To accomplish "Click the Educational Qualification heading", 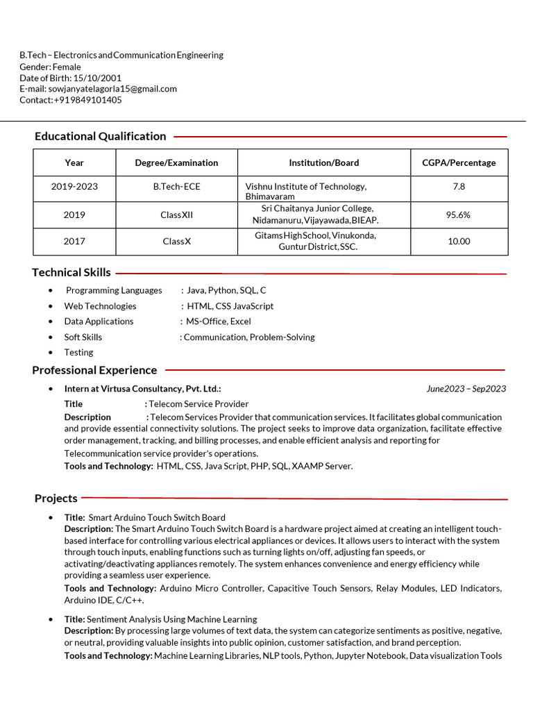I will pos(100,136).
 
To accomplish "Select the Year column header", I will pos(74,162).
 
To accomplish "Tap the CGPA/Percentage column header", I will pos(459,162).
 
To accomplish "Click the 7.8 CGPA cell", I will pos(459,187).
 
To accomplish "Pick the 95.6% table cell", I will pos(458,215).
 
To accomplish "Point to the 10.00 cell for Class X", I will pos(459,242).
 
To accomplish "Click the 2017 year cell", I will pos(74,242).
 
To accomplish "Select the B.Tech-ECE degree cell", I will pos(176,187).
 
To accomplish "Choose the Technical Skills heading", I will pos(71,272).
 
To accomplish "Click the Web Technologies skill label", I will pos(100,306).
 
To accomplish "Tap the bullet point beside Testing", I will pos(51,353).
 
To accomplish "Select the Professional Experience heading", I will pos(94,370).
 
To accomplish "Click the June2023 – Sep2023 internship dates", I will pos(466,389).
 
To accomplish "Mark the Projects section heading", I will pos(56,498).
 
